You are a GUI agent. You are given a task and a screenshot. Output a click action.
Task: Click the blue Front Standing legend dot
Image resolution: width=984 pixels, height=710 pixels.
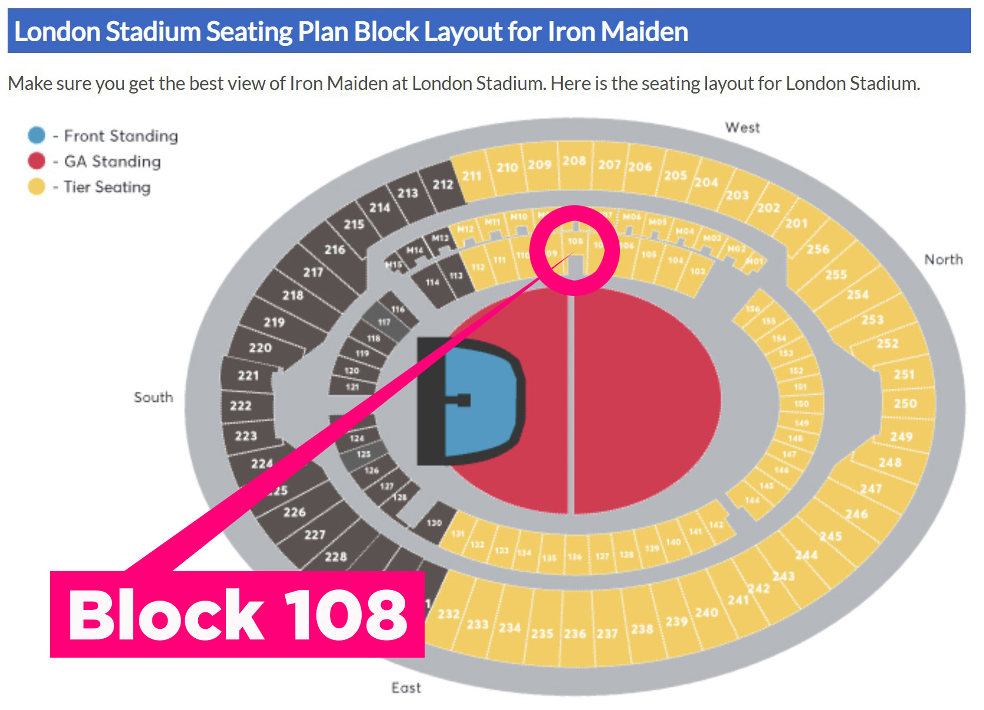[36, 135]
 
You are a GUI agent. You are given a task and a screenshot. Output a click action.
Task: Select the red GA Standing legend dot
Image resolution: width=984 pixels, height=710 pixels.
[36, 161]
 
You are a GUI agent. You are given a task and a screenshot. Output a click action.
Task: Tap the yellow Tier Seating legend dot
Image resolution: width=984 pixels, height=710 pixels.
[36, 186]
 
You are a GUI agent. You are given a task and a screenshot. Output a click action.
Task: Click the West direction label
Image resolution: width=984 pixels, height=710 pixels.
[742, 128]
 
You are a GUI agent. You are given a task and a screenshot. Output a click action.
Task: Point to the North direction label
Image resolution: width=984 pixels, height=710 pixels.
[943, 259]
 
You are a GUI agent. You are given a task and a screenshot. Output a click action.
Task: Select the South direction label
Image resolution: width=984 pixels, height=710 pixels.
[154, 397]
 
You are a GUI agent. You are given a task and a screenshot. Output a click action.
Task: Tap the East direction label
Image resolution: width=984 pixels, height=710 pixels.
[406, 688]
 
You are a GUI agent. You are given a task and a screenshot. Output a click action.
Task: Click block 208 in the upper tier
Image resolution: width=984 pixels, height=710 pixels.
[574, 161]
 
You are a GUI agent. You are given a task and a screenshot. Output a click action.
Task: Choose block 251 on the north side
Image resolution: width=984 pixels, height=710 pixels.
[904, 374]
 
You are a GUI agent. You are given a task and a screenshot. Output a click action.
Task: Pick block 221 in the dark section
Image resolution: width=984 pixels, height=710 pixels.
[248, 375]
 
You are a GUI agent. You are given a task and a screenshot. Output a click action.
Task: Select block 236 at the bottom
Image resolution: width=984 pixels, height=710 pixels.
[575, 634]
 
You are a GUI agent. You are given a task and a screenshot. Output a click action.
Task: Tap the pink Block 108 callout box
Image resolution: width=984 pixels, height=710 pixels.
[237, 614]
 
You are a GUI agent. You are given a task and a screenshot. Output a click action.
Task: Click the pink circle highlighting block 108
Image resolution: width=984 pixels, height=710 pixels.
[575, 250]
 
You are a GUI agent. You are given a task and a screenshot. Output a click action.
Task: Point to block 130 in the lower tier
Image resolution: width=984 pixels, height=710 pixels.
[434, 522]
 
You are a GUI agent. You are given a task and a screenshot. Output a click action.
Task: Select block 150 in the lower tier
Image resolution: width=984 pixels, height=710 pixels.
[801, 404]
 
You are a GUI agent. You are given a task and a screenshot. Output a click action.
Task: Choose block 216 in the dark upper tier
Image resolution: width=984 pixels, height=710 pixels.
[335, 249]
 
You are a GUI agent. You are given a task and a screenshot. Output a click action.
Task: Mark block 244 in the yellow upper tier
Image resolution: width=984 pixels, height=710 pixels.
[806, 555]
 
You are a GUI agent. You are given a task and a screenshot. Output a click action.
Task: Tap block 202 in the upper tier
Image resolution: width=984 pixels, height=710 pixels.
[768, 208]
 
